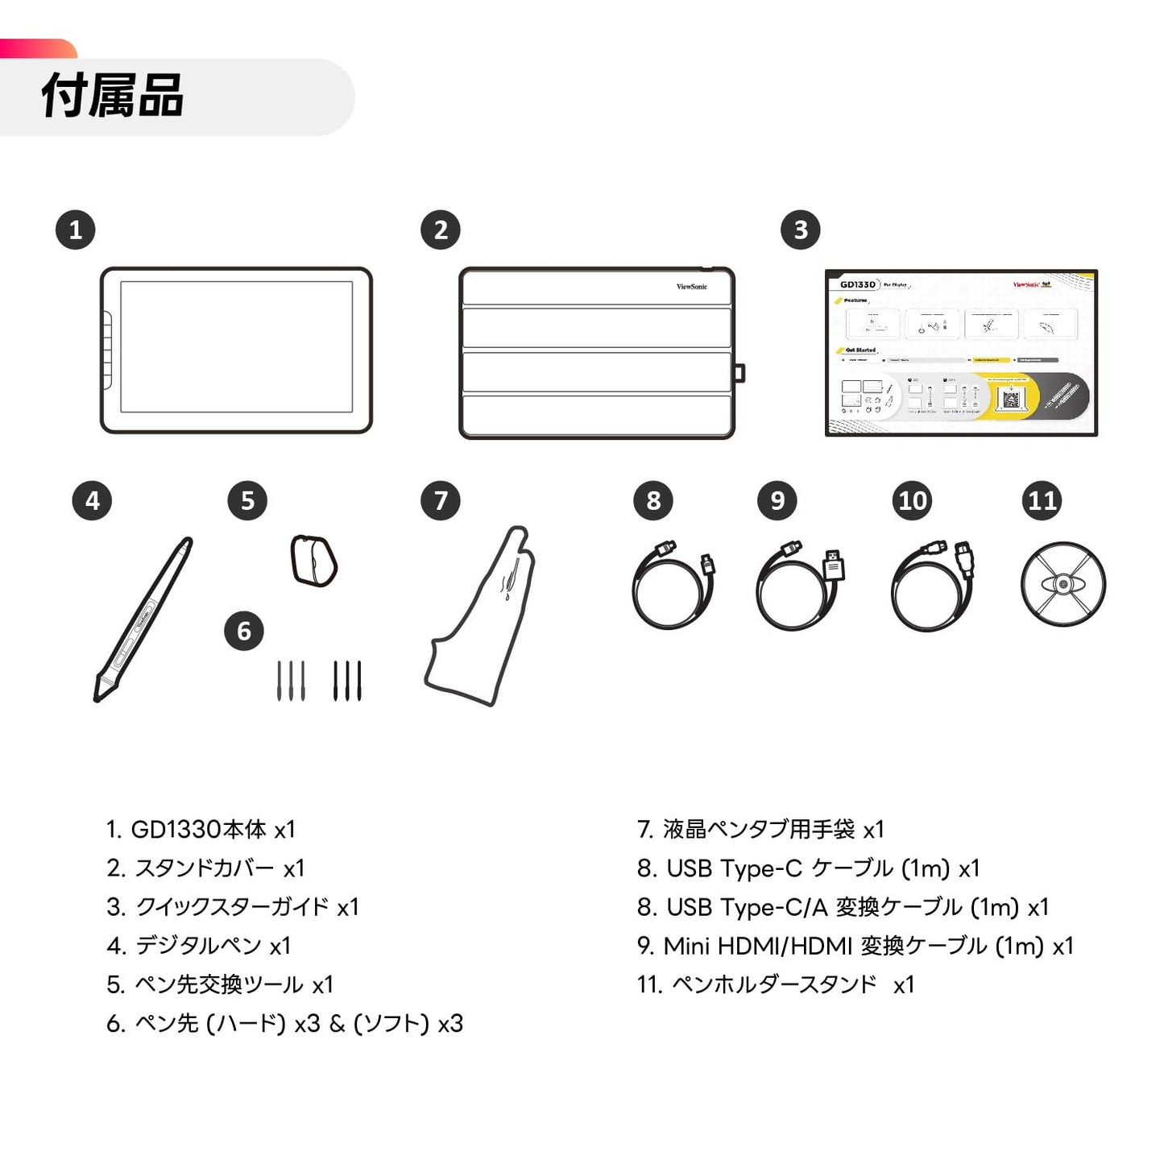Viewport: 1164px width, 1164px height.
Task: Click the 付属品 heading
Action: coord(113,96)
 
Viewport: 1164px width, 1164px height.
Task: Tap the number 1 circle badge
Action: coord(76,230)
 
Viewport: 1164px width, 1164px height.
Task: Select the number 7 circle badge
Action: coord(441,501)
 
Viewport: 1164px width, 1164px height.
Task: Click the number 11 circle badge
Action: coord(1042,501)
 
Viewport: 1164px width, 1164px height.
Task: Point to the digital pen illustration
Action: coord(143,620)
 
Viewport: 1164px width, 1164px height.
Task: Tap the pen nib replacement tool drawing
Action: coord(313,561)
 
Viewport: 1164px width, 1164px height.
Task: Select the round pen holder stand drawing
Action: coord(1063,584)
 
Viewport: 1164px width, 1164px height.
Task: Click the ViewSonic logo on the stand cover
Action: coord(691,287)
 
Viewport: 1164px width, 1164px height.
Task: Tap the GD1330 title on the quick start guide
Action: coord(857,284)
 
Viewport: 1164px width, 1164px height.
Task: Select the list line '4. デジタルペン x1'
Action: coord(198,946)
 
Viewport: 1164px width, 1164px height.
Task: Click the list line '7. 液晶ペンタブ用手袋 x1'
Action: coord(760,829)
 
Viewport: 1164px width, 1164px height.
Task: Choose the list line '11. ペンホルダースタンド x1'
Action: coord(775,984)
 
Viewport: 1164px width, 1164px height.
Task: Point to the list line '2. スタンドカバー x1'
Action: coord(205,868)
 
